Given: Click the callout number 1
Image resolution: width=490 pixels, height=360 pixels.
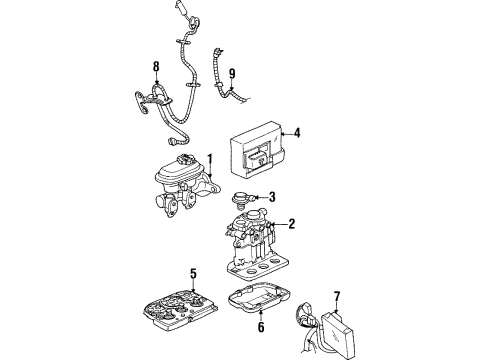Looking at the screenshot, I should (x=210, y=157).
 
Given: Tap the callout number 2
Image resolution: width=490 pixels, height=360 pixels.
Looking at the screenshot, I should (x=290, y=224).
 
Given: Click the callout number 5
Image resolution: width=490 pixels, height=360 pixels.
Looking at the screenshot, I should (x=193, y=270).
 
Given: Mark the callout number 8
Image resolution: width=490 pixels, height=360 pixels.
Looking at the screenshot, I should (x=155, y=68).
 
